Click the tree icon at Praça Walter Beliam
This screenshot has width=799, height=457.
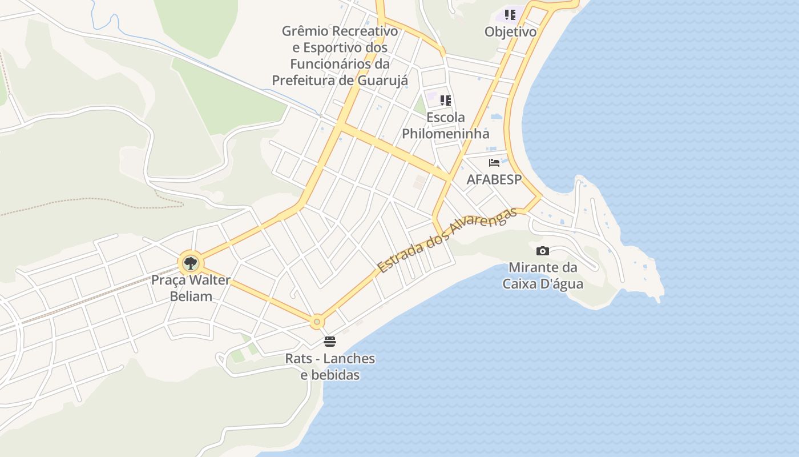191,263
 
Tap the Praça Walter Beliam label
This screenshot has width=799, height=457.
191,288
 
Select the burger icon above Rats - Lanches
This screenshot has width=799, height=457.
330,342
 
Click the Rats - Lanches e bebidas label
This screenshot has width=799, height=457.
330,367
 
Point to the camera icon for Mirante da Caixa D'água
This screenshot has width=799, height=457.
543,251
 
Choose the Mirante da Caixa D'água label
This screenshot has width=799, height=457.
543,275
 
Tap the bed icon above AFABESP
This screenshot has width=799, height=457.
494,163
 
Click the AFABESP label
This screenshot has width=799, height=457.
494,179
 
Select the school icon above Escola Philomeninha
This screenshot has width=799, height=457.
446,101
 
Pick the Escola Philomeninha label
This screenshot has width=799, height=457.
446,126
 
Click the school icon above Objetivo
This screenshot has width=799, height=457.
510,15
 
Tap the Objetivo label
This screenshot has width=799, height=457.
511,31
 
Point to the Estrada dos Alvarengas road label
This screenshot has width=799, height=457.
447,239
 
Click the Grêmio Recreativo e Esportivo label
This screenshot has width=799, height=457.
340,55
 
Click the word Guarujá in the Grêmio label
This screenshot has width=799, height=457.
382,81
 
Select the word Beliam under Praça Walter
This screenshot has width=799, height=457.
191,296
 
